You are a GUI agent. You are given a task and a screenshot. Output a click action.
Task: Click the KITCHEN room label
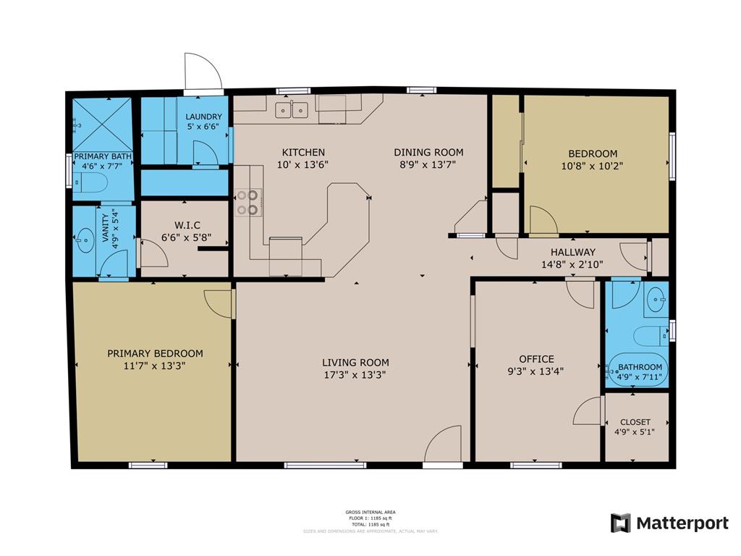303,152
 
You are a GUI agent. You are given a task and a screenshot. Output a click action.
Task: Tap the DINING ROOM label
428,152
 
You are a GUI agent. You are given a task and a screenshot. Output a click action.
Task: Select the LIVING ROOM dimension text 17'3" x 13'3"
355,375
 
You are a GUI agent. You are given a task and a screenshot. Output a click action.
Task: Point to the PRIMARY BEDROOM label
155,353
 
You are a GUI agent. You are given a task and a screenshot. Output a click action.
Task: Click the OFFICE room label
536,359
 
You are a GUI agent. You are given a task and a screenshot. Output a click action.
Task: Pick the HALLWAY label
572,252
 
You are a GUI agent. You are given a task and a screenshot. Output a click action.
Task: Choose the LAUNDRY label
203,117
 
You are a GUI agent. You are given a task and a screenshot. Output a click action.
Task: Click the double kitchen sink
292,110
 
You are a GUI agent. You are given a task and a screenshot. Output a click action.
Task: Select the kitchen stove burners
247,202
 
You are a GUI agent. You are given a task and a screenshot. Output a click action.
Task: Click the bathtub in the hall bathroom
638,370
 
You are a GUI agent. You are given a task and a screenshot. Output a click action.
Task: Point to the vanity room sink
85,238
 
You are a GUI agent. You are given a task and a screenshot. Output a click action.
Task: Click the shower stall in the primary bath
102,124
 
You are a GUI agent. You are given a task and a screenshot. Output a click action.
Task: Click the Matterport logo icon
620,523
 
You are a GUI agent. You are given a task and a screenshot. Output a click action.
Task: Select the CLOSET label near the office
635,422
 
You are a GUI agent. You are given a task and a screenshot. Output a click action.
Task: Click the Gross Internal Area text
370,512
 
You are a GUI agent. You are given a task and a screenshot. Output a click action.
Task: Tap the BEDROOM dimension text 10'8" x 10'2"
593,165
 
